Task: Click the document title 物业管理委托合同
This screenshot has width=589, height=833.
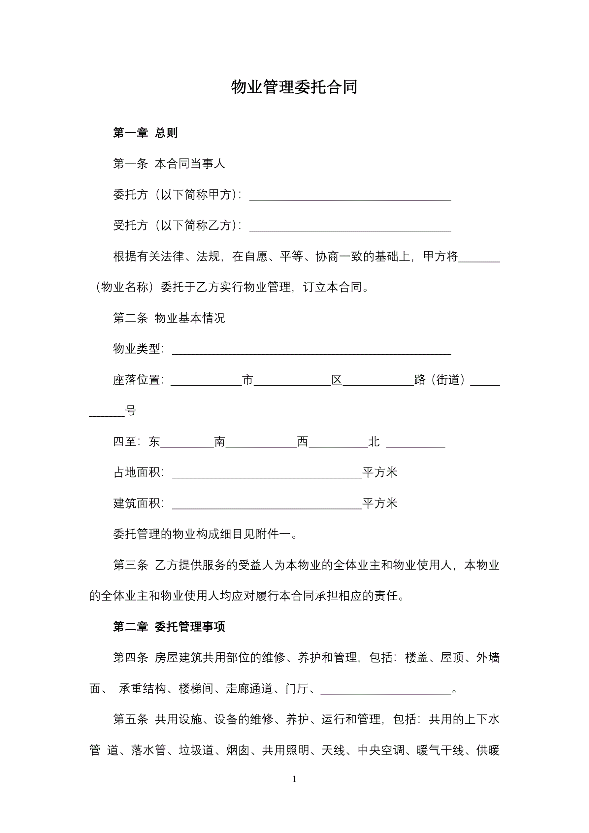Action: tap(294, 87)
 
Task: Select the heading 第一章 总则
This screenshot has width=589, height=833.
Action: tap(145, 133)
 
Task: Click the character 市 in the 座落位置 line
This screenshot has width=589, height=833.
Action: tap(247, 380)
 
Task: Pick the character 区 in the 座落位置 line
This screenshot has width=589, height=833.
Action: tap(337, 380)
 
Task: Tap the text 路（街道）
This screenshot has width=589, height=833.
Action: tap(440, 380)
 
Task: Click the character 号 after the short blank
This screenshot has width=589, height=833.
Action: tap(130, 411)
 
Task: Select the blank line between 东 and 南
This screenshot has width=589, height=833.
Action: tap(187, 444)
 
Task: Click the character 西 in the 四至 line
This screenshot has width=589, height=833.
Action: tap(303, 442)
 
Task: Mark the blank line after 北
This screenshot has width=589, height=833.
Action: tap(415, 444)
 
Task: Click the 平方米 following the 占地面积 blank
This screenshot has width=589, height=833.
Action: tap(380, 473)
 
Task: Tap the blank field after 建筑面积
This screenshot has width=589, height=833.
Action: tap(267, 505)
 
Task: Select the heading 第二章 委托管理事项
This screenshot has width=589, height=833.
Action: tap(169, 627)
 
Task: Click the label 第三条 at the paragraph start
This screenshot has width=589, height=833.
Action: tap(131, 565)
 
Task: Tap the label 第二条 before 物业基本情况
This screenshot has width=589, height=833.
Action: tap(131, 318)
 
